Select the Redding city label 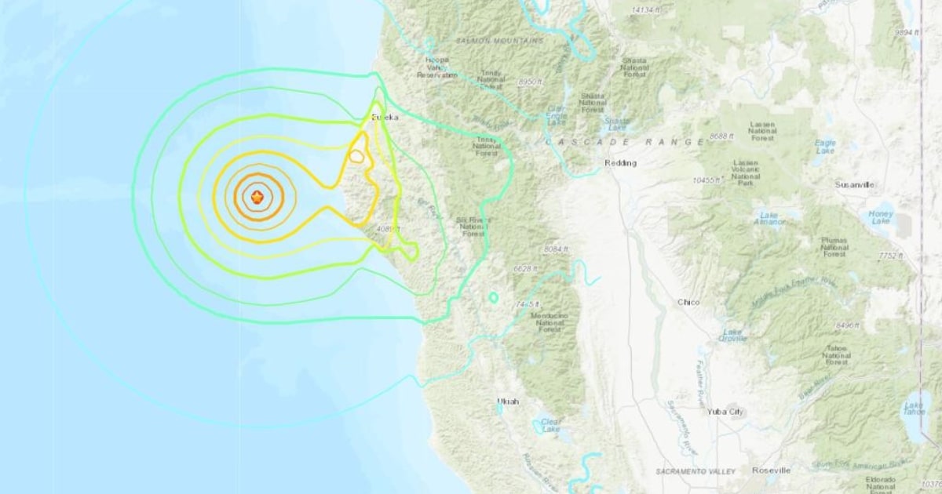pos(620,163)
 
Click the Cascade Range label pos(625,142)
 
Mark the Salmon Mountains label pos(489,40)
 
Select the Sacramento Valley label pos(696,471)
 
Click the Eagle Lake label pos(826,147)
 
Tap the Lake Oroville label pos(732,335)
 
